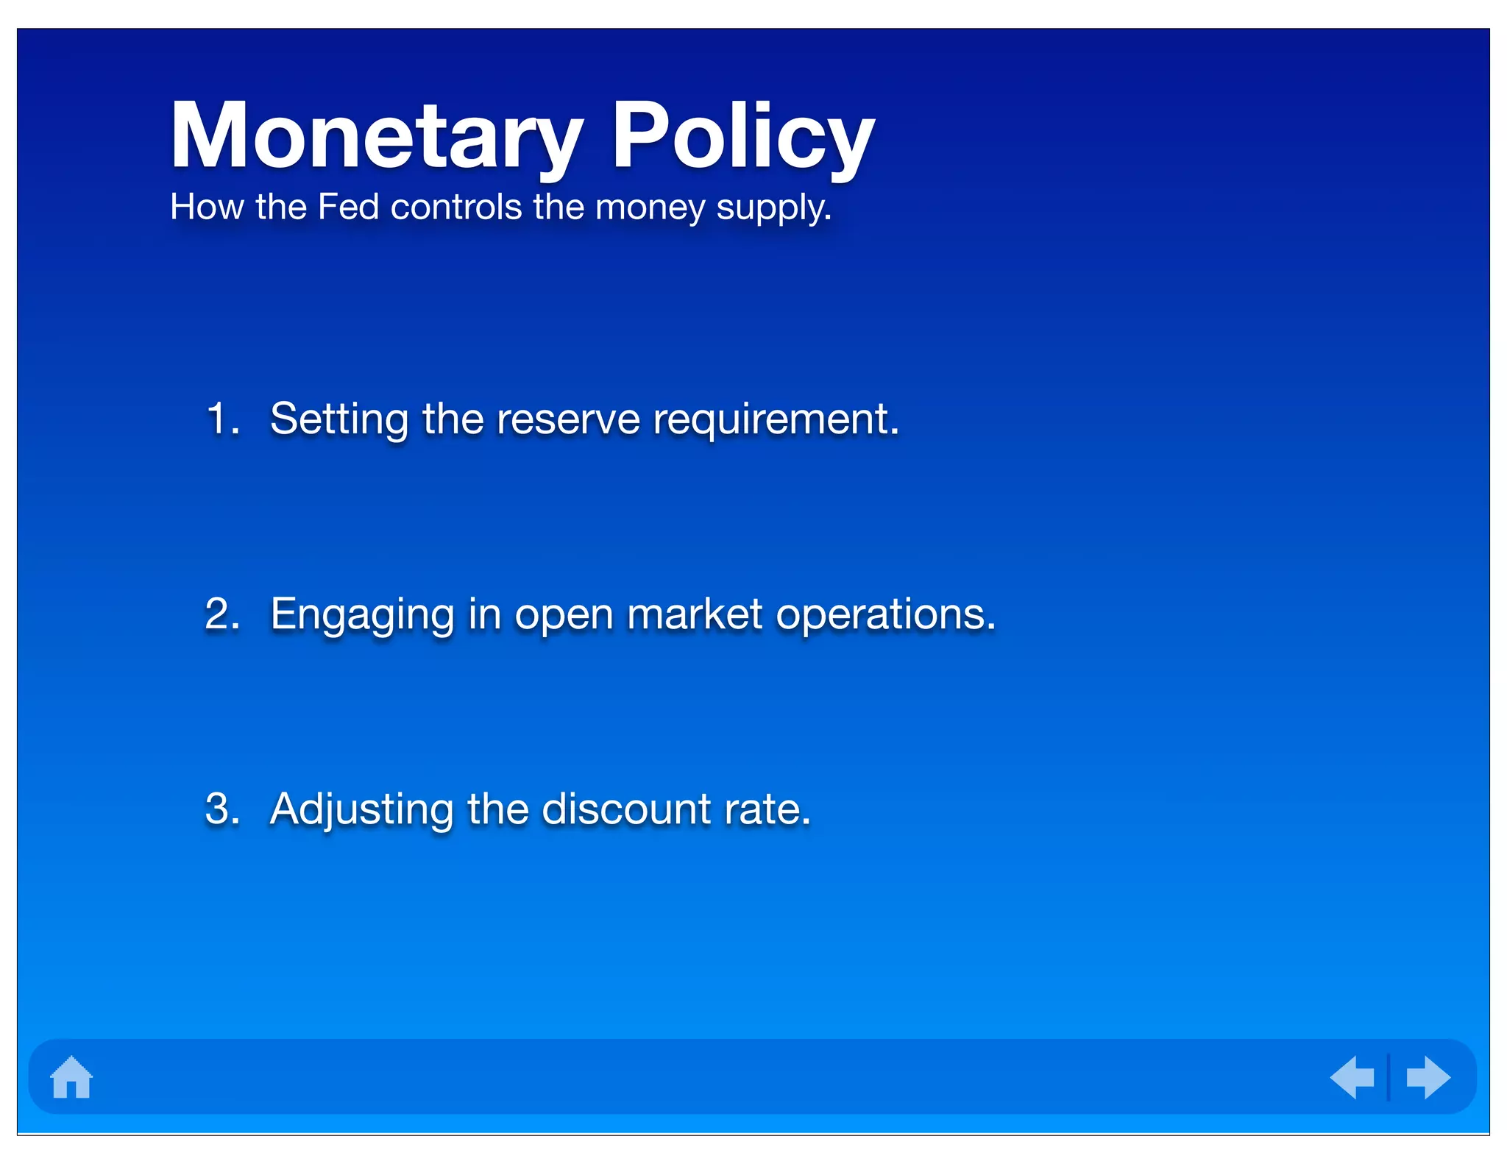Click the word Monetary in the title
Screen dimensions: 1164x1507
tap(377, 136)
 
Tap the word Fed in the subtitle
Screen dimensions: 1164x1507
tap(348, 207)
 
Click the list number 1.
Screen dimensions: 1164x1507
tap(221, 419)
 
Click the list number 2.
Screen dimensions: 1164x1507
tap(222, 614)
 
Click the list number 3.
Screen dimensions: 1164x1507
tap(222, 809)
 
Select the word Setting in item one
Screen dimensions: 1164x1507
tap(339, 420)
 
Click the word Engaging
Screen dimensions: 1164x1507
tap(362, 615)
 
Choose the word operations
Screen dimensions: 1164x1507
tap(885, 615)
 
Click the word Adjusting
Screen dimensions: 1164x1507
tap(362, 810)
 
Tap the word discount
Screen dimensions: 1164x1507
tap(626, 809)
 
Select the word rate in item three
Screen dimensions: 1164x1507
tap(766, 809)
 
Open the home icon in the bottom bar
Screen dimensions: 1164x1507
tap(71, 1077)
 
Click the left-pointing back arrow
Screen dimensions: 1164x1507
tap(1352, 1077)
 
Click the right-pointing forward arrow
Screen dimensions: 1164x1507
tap(1428, 1077)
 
